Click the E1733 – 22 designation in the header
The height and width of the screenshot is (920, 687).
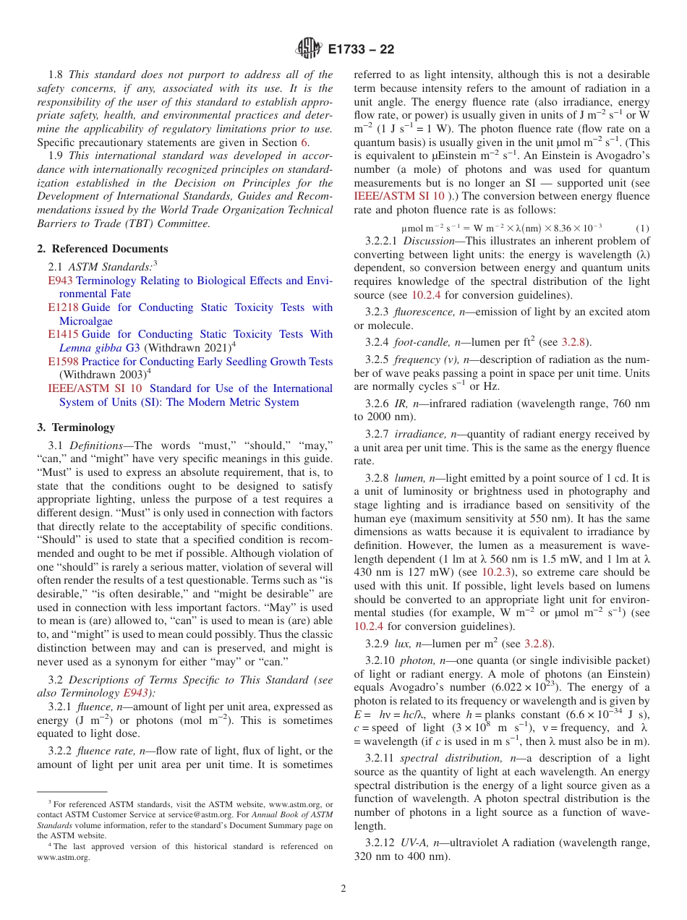pos(361,50)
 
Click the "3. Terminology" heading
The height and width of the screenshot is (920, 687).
pos(76,427)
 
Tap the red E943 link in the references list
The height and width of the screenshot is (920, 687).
pos(60,281)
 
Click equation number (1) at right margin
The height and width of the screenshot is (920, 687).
pos(642,228)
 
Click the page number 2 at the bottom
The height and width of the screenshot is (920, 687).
pos(343,889)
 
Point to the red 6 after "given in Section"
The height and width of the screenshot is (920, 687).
pos(304,142)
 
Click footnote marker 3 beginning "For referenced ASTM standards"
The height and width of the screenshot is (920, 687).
pos(50,803)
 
